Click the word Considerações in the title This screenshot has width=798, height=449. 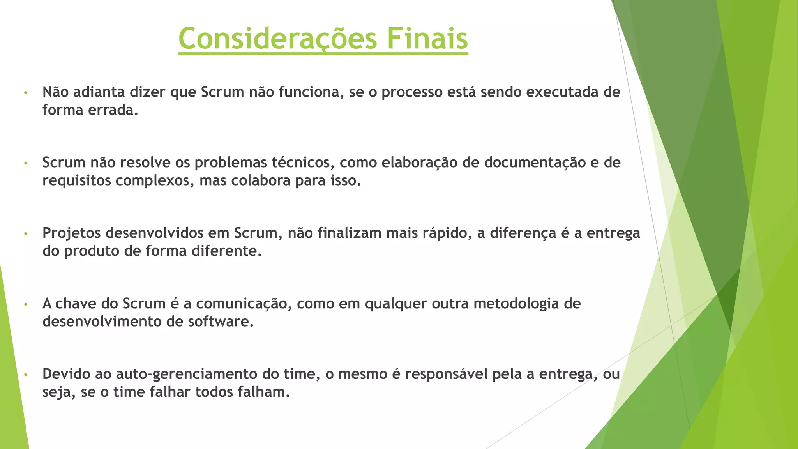277,39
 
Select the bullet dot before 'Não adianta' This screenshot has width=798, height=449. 26,93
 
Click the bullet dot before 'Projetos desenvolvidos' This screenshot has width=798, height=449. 26,234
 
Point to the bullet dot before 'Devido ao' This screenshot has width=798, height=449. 26,375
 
